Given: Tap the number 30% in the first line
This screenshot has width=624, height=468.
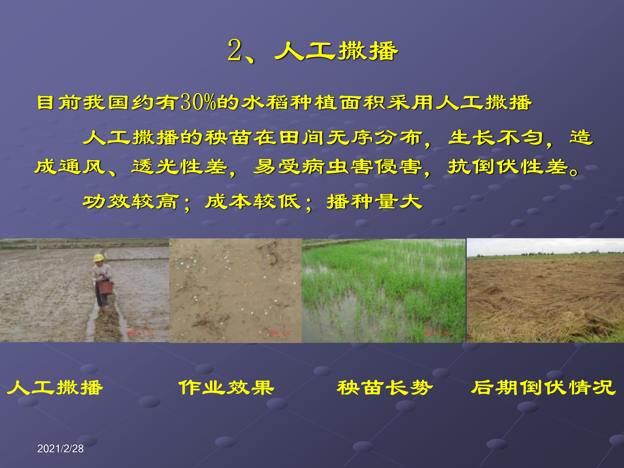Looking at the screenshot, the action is pyautogui.click(x=198, y=102).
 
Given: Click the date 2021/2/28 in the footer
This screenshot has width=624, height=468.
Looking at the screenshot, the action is pyautogui.click(x=60, y=448).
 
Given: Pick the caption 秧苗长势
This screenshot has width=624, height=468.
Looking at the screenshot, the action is pyautogui.click(x=385, y=388).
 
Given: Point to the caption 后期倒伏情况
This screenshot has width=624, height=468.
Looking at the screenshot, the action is pyautogui.click(x=543, y=388).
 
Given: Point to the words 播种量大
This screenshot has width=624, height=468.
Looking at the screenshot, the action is pyautogui.click(x=375, y=202).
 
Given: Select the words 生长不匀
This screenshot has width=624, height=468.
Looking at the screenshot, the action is pyautogui.click(x=496, y=138).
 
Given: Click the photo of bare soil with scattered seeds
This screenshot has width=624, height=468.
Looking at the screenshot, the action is pyautogui.click(x=235, y=291).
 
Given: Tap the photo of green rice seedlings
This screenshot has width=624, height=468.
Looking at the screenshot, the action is pyautogui.click(x=384, y=291).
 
